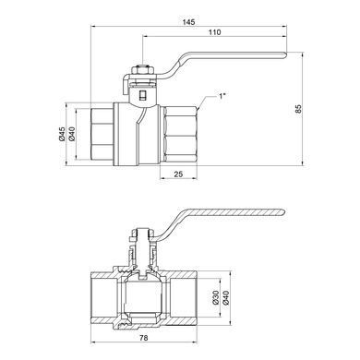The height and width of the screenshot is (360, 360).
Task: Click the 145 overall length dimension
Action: click(x=188, y=22)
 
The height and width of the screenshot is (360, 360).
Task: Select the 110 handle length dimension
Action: click(x=215, y=32)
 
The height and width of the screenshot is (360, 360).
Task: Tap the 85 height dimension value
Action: click(x=298, y=109)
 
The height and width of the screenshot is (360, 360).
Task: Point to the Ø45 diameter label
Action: click(x=62, y=134)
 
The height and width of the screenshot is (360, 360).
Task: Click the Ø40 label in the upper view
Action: click(x=72, y=134)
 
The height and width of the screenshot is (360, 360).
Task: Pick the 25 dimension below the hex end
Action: click(x=178, y=174)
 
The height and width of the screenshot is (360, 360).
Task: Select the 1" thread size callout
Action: click(x=222, y=96)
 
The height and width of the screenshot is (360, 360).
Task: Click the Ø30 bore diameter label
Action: click(x=215, y=297)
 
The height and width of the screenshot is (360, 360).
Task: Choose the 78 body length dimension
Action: click(x=144, y=338)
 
